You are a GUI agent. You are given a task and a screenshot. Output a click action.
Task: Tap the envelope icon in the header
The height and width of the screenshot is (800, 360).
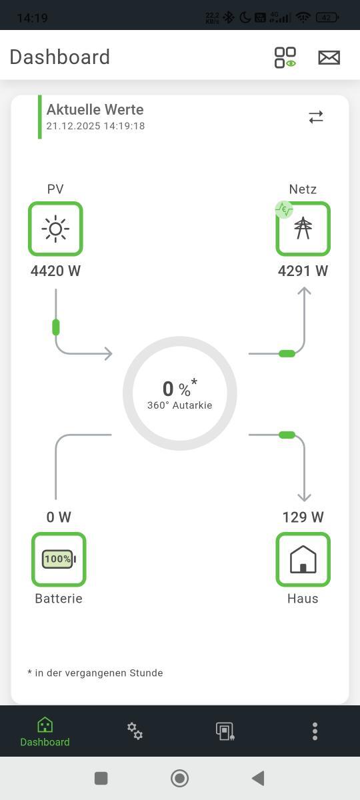tap(329, 57)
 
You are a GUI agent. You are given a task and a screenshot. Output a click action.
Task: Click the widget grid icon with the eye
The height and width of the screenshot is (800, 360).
tap(285, 57)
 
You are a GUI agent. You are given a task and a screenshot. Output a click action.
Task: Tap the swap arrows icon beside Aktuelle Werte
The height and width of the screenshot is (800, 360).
tap(316, 117)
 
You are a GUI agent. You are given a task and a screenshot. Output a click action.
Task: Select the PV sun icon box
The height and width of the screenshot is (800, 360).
tap(55, 229)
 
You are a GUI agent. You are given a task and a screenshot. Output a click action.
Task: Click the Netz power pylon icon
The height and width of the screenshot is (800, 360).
tap(303, 228)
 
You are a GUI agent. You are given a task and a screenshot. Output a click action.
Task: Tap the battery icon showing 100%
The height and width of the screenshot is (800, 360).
tap(59, 559)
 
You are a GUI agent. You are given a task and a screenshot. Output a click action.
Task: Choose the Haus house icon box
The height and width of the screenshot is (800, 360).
tap(303, 559)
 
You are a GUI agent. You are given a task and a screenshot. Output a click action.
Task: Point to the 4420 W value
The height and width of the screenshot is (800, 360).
tap(55, 271)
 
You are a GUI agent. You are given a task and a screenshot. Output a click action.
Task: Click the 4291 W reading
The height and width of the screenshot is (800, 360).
tap(303, 271)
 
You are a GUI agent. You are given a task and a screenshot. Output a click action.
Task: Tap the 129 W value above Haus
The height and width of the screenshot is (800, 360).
tap(303, 517)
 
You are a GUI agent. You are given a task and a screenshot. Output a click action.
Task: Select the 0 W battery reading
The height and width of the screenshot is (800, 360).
tap(59, 517)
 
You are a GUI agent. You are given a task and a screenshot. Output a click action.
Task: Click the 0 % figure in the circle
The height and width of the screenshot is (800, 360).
tap(177, 389)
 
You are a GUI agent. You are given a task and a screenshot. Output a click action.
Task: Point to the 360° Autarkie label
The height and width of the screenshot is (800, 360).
tap(179, 405)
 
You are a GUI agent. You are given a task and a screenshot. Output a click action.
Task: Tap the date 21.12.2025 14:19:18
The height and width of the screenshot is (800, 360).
tap(95, 126)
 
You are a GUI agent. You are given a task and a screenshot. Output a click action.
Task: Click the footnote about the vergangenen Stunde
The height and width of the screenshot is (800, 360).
tap(95, 673)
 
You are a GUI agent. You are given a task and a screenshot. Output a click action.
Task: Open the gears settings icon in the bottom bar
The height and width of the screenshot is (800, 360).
tap(135, 731)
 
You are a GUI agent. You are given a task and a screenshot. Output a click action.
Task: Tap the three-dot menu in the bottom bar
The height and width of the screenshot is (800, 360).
tap(315, 731)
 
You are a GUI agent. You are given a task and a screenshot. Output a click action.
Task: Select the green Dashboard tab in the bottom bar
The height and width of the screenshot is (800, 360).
tap(45, 732)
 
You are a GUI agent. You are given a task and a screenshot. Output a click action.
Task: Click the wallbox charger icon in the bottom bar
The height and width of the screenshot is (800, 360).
tap(225, 731)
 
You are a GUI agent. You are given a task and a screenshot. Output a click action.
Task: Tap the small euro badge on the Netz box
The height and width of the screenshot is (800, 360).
tap(284, 209)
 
